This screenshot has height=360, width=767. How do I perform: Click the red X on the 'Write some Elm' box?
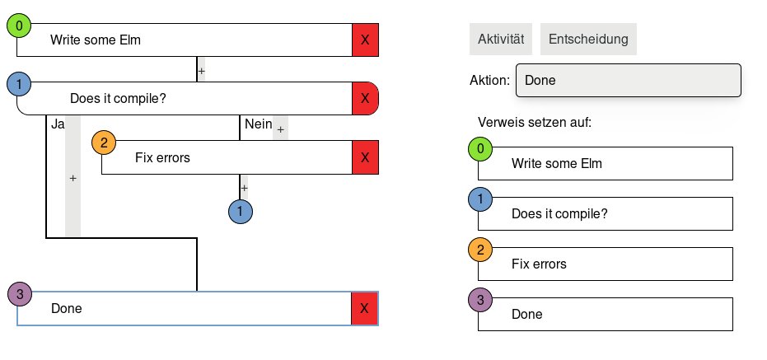click(365, 40)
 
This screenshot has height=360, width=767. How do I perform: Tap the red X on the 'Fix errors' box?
click(365, 157)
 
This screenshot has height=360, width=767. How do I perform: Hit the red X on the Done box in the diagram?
click(365, 309)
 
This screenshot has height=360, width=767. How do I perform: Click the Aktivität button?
click(501, 39)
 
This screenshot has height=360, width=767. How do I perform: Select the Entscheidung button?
click(588, 39)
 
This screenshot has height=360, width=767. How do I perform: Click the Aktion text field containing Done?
click(628, 81)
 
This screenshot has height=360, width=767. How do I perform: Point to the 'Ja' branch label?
click(58, 124)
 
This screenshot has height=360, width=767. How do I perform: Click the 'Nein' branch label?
click(258, 124)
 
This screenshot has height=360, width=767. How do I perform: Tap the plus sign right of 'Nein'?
click(280, 129)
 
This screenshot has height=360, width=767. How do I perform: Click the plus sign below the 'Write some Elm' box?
click(201, 71)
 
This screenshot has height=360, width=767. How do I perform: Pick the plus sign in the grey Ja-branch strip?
click(72, 178)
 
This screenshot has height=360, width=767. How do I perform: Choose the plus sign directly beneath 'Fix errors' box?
click(244, 188)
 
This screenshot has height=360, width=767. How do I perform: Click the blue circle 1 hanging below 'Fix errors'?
click(241, 212)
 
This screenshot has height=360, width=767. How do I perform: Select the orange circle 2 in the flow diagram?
click(104, 143)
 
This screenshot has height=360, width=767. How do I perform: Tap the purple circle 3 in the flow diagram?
click(19, 293)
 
